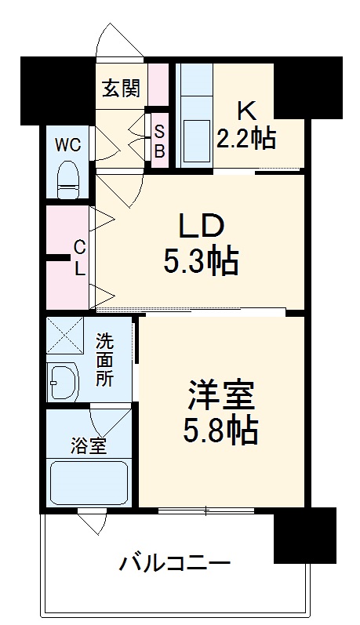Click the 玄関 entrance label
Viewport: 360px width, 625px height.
click(x=120, y=88)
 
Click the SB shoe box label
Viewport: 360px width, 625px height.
click(x=158, y=140)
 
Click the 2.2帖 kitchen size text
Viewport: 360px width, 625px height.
click(x=245, y=138)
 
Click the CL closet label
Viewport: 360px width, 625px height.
click(x=79, y=258)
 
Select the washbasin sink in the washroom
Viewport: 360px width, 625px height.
click(x=63, y=383)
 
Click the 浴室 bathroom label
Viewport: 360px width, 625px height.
click(x=89, y=448)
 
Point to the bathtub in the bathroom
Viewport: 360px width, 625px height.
click(x=89, y=481)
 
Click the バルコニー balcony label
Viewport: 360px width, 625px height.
click(x=175, y=562)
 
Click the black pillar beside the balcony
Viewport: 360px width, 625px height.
click(x=304, y=535)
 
